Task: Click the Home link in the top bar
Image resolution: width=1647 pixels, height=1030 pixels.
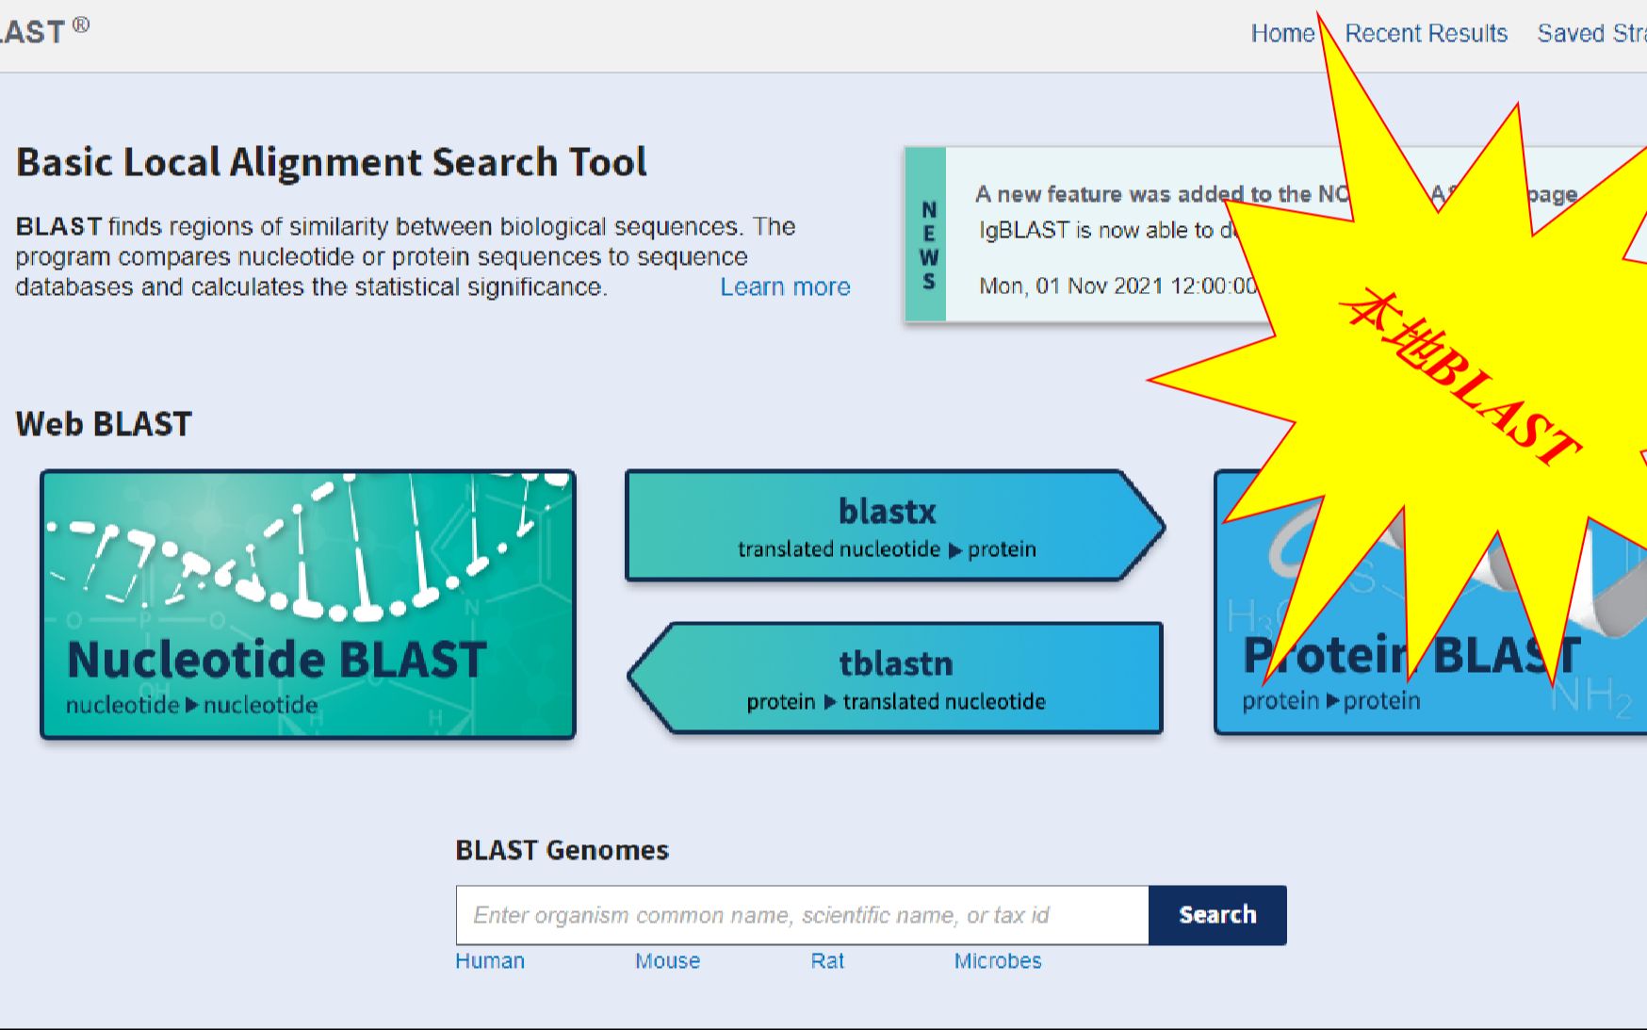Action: click(x=1281, y=34)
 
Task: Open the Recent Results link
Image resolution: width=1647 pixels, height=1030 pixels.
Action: click(x=1426, y=34)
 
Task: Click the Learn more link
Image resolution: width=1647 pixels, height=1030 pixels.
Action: click(x=785, y=286)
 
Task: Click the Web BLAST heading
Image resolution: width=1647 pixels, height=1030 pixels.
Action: click(x=104, y=424)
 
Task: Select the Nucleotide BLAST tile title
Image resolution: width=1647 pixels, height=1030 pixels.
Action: click(x=277, y=659)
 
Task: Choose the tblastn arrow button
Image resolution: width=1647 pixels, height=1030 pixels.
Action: click(x=895, y=678)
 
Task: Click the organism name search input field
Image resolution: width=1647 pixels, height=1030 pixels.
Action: click(x=801, y=915)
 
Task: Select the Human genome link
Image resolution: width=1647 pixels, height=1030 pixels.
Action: click(x=490, y=961)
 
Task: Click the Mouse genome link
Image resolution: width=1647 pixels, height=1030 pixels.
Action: click(x=667, y=961)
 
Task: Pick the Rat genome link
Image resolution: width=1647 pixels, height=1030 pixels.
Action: click(x=827, y=961)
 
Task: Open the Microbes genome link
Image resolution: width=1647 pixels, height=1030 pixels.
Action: click(x=997, y=961)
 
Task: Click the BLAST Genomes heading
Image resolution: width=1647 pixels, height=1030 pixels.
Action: click(x=562, y=850)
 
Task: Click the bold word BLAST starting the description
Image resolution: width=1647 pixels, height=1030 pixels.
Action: click(x=58, y=227)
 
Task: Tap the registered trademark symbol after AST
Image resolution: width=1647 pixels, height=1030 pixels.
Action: click(x=81, y=25)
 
